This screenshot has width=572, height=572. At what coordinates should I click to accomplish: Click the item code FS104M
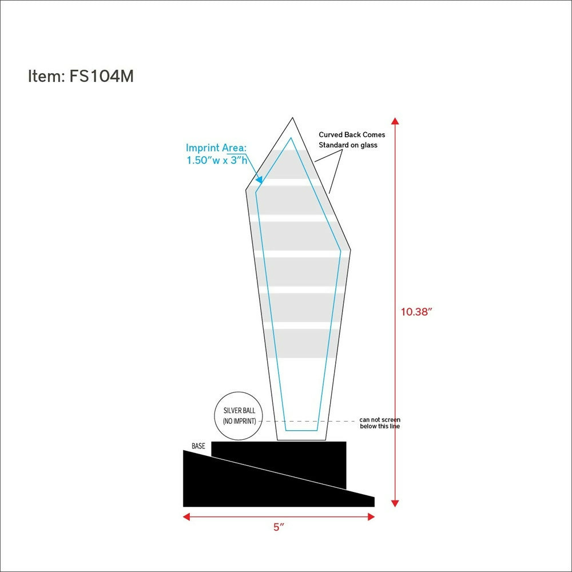pyautogui.click(x=101, y=76)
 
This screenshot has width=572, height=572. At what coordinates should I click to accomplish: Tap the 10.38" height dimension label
pyautogui.click(x=416, y=312)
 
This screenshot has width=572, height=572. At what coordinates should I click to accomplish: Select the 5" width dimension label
pyautogui.click(x=279, y=527)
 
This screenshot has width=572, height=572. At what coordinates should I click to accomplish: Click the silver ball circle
pyautogui.click(x=239, y=392)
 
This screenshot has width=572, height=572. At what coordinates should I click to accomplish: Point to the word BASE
pyautogui.click(x=198, y=446)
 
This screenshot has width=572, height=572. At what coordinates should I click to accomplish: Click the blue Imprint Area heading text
pyautogui.click(x=216, y=148)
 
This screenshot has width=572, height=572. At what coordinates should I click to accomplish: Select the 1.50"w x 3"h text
pyautogui.click(x=217, y=160)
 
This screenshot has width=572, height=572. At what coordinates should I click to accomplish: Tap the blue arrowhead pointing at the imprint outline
pyautogui.click(x=259, y=180)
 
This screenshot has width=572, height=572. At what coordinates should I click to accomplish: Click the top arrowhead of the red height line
pyautogui.click(x=395, y=121)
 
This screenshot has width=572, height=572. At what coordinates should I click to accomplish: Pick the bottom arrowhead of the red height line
pyautogui.click(x=395, y=503)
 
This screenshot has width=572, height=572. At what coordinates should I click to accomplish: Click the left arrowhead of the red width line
pyautogui.click(x=186, y=517)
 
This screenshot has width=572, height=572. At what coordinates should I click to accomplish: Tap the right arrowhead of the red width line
pyautogui.click(x=371, y=517)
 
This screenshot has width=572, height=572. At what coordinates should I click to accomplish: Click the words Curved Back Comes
pyautogui.click(x=352, y=134)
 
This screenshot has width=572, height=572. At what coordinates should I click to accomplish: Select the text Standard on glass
pyautogui.click(x=348, y=145)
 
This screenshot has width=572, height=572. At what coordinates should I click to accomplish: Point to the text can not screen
pyautogui.click(x=380, y=420)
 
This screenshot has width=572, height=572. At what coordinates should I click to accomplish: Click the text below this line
pyautogui.click(x=380, y=426)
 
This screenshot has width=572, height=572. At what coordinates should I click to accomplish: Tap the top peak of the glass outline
pyautogui.click(x=292, y=118)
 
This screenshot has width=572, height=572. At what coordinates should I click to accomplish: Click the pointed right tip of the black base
pyautogui.click(x=374, y=498)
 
